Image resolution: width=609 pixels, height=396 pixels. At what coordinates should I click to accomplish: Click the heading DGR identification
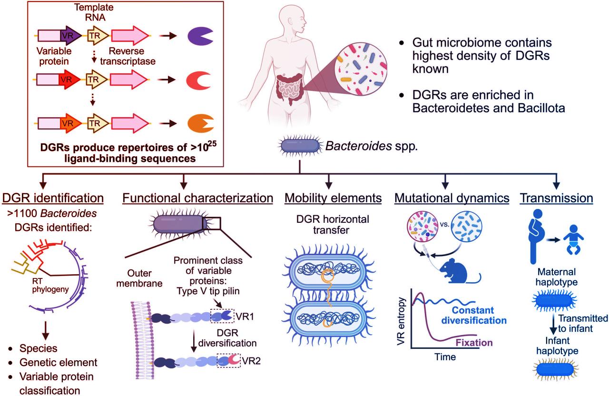click(53, 197)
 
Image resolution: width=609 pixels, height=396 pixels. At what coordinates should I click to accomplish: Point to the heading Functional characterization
click(197, 197)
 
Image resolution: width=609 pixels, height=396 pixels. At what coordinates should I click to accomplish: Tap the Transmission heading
click(556, 197)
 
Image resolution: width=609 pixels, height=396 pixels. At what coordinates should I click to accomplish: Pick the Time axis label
click(445, 356)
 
